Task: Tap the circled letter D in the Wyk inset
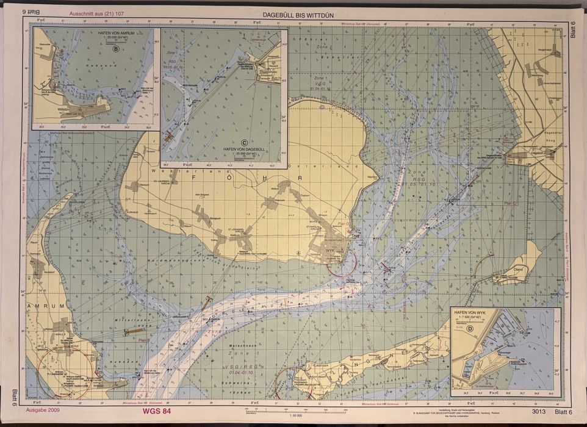(469, 330)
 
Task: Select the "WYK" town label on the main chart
(331, 251)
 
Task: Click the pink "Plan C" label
(510, 203)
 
